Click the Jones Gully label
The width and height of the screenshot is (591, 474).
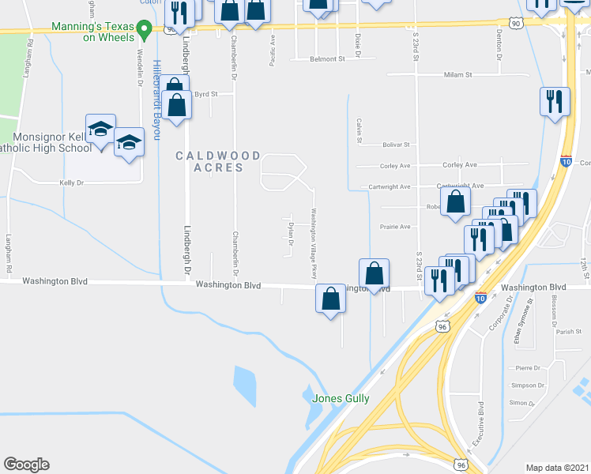point(341,399)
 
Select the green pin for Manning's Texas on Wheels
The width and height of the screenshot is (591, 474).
point(144,31)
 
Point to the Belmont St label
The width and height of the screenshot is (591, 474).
point(328,59)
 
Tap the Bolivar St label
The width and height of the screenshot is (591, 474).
point(397,145)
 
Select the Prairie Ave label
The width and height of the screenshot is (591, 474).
point(395,227)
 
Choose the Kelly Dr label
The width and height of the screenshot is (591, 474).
point(72,182)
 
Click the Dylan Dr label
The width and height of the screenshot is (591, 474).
point(291,234)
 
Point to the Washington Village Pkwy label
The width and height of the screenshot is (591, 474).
point(314,243)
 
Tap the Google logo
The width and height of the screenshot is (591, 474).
point(26,465)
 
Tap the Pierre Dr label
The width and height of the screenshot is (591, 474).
point(527,368)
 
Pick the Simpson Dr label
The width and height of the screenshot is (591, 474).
point(525,385)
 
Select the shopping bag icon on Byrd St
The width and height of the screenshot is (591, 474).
point(178,103)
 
